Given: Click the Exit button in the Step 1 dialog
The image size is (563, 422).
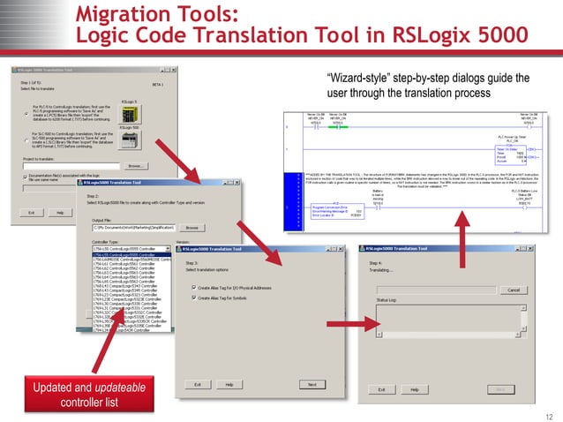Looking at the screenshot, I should [32, 212].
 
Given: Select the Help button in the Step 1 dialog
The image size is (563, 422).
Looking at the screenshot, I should [60, 212].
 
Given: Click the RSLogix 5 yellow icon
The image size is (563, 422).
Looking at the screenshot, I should [131, 113].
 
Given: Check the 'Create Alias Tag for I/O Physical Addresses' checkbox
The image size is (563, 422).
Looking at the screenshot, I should [194, 287].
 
